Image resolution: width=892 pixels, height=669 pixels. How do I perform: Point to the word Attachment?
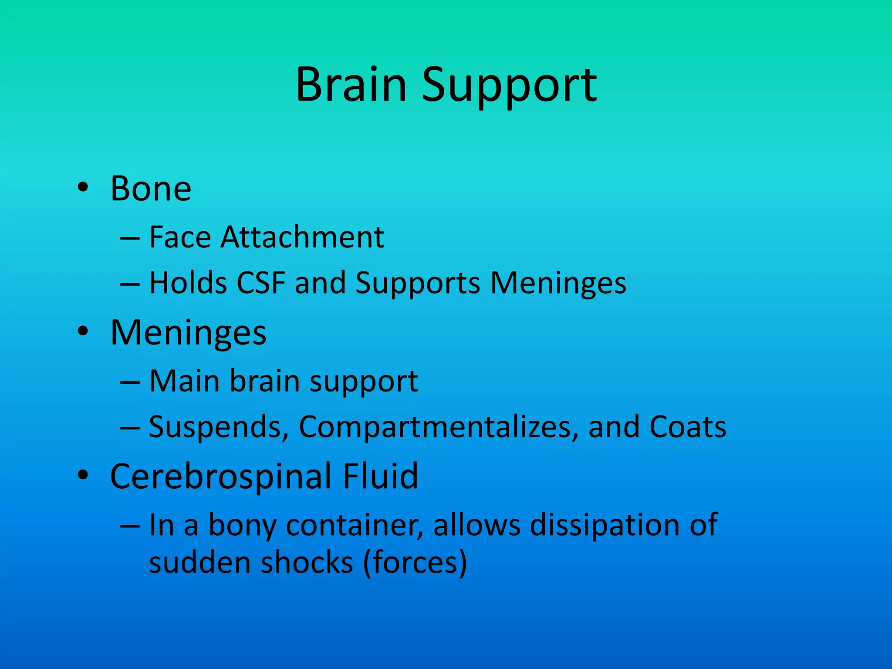point(302,237)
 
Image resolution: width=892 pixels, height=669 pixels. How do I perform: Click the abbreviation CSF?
point(261,283)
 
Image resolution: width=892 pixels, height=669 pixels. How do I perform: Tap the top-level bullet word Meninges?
point(188,333)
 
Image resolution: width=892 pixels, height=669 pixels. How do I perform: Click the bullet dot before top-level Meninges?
point(83,332)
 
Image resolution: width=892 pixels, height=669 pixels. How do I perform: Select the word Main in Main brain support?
point(184,381)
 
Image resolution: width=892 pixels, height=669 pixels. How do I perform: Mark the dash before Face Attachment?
point(130,239)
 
